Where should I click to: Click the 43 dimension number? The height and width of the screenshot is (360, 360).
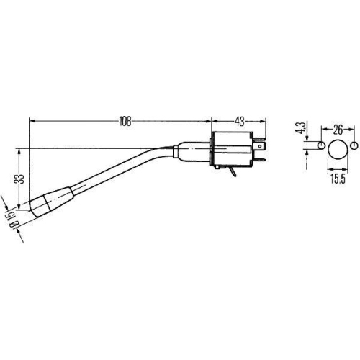pyautogui.click(x=238, y=122)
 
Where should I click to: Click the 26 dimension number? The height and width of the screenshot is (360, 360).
pyautogui.click(x=337, y=131)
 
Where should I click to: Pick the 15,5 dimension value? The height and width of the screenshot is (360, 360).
pyautogui.click(x=336, y=175)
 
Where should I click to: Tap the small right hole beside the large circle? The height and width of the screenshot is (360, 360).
pyautogui.click(x=354, y=147)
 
